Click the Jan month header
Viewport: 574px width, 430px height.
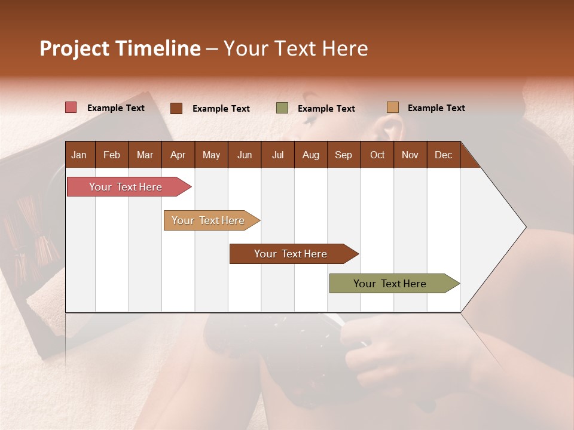(79, 155)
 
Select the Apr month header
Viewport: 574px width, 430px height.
(178, 155)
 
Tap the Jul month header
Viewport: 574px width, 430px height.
(277, 155)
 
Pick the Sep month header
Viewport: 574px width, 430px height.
(343, 155)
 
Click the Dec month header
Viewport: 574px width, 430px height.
(443, 155)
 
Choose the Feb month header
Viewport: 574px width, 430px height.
(112, 155)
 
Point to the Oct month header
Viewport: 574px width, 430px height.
(377, 155)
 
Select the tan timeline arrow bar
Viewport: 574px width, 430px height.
(209, 220)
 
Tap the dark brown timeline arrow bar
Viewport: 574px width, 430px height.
(292, 254)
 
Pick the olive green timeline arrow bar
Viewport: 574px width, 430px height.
(392, 284)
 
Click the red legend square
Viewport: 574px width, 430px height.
(71, 107)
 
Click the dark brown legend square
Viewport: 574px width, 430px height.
(176, 108)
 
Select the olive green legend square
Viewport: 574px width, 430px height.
(282, 108)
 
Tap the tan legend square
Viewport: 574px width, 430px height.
(393, 107)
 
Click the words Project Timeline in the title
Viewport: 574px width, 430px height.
(120, 48)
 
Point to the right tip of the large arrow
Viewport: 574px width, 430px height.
(525, 227)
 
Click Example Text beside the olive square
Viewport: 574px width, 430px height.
(326, 109)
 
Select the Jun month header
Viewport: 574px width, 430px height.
(245, 155)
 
